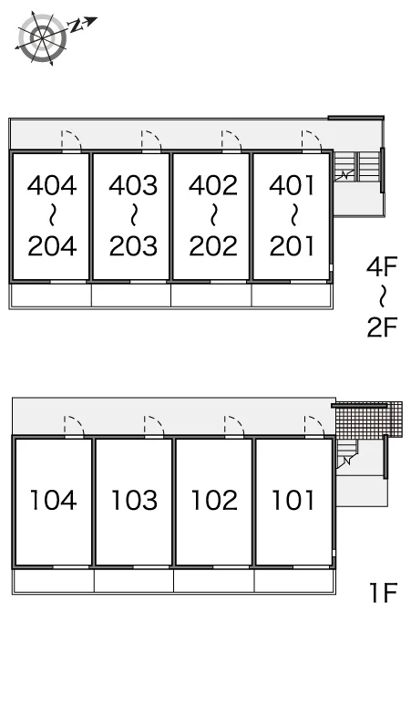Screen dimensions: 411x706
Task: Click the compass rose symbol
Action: (x=43, y=37)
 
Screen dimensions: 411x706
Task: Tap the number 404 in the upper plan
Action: (x=52, y=185)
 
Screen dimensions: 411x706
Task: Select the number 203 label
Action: (x=133, y=246)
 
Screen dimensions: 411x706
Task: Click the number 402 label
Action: (x=213, y=185)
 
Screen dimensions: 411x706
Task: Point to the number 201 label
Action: (x=292, y=246)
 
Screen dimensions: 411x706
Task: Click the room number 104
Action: (x=53, y=500)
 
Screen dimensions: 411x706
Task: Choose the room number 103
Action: (x=134, y=500)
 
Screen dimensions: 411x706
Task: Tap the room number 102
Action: (x=214, y=500)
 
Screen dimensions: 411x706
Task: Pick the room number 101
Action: (x=293, y=500)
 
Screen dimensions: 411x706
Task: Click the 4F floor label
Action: (x=382, y=267)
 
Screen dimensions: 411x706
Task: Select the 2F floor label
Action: (x=382, y=327)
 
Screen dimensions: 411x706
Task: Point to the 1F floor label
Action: (x=383, y=592)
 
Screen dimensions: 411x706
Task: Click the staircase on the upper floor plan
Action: (x=357, y=166)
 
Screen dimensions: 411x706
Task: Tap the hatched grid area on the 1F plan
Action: (x=369, y=420)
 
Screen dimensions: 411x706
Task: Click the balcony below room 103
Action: (x=134, y=581)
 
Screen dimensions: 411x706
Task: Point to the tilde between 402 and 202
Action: (x=213, y=215)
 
